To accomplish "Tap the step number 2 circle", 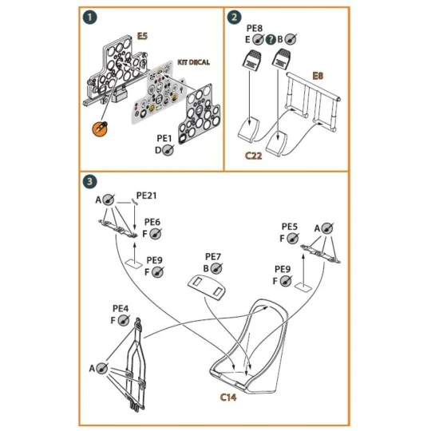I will point(235,18).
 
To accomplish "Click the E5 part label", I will point(142,36).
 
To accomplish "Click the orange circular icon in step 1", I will point(101,127).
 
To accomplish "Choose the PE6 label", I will point(153,223).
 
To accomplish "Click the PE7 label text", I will point(213,256).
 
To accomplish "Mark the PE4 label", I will point(121,308).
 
